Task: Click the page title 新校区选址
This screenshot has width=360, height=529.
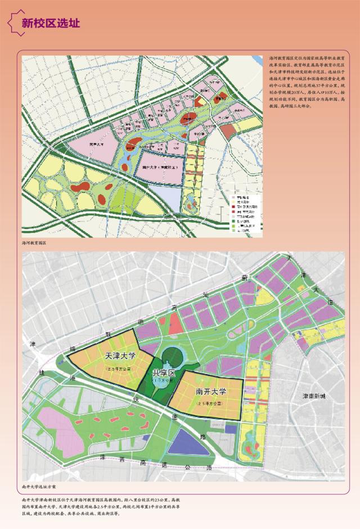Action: (x=50, y=23)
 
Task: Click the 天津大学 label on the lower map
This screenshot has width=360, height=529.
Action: (x=120, y=356)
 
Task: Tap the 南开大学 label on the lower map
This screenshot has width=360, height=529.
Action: (x=211, y=392)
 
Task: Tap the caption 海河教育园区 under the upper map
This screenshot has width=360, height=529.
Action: (x=33, y=243)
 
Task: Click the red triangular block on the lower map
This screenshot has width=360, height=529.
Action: (x=174, y=324)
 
